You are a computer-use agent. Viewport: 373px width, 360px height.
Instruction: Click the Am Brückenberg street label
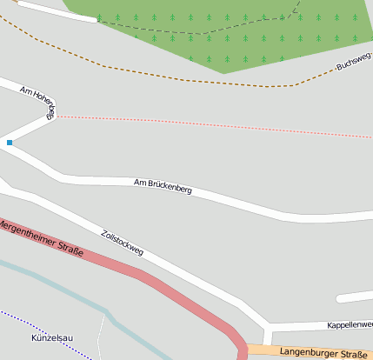point(163,185)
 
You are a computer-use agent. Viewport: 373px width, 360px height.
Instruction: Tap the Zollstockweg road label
point(122,243)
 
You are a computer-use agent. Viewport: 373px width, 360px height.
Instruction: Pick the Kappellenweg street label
point(350,324)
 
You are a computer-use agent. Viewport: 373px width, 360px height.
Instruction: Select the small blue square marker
point(10,142)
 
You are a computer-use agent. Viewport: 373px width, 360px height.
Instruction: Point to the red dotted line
point(217,126)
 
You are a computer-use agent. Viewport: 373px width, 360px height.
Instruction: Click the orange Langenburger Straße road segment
point(261,350)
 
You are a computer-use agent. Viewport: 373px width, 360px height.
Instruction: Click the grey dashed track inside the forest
point(200,33)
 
